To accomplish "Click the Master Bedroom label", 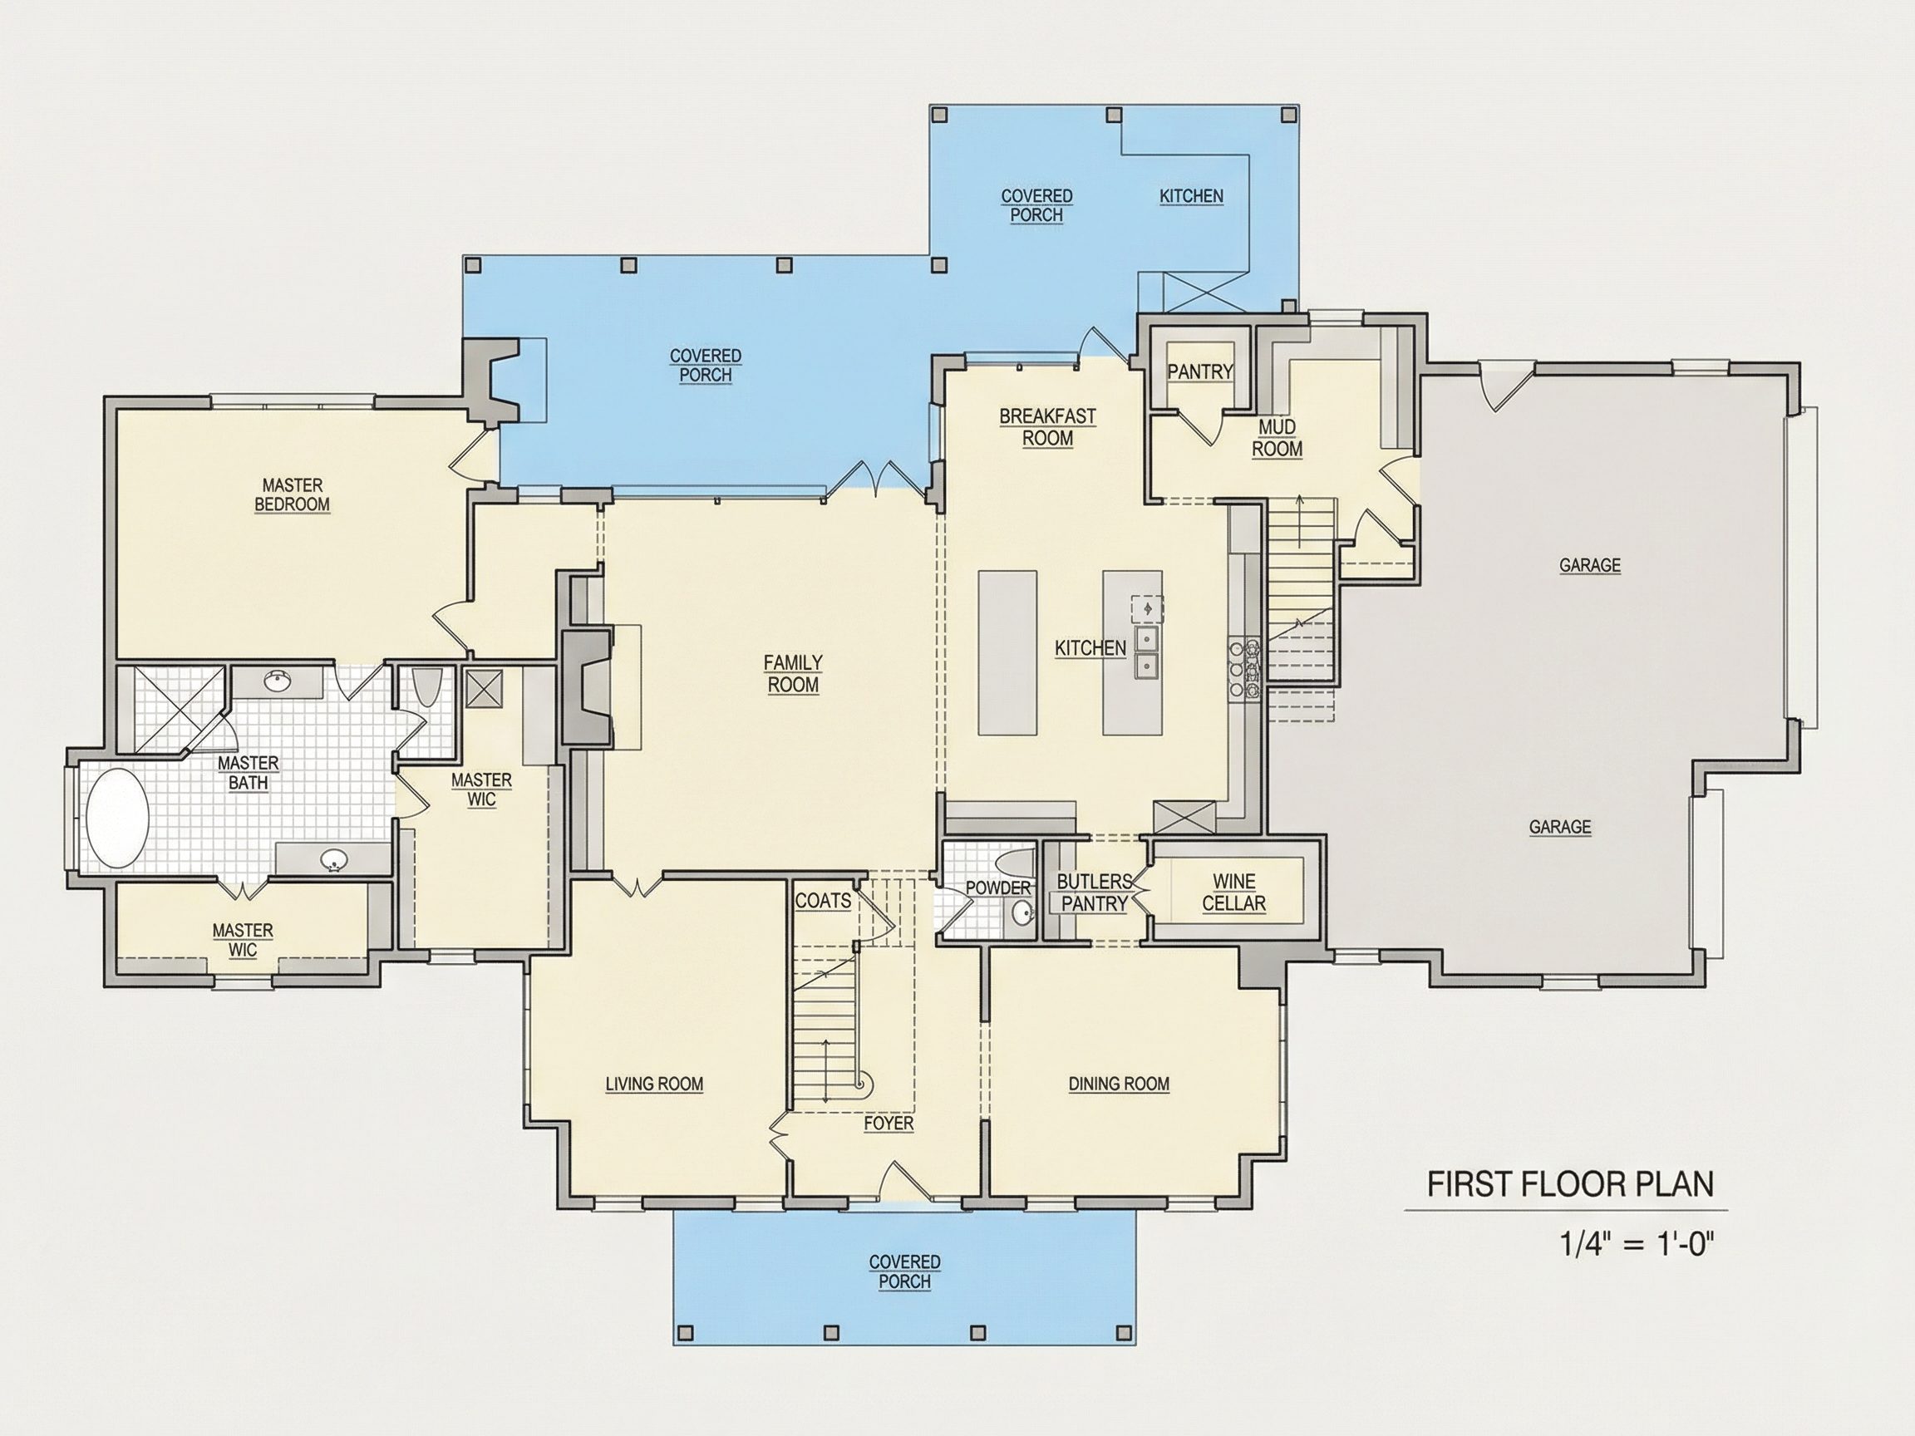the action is pos(292,495).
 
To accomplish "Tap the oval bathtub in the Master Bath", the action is pos(118,818).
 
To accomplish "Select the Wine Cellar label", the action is pos(1233,893).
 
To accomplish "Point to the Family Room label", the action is pos(793,673).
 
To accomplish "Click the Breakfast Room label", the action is pos(1047,428).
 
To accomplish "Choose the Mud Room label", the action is pos(1277,438).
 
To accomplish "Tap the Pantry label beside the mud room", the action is pos(1200,371).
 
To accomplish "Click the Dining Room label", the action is pos(1119,1084).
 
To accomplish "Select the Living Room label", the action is pos(654,1084).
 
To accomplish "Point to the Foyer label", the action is pos(889,1123).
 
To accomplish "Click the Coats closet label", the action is pos(823,901).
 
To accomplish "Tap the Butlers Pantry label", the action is pos(1095,893).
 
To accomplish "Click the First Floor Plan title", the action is pos(1570,1184).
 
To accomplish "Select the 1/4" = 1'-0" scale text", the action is pos(1637,1244).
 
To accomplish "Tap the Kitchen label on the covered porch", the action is pos(1191,196).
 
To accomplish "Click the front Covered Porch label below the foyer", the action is pos(904,1271).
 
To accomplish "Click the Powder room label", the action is pos(998,888).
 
